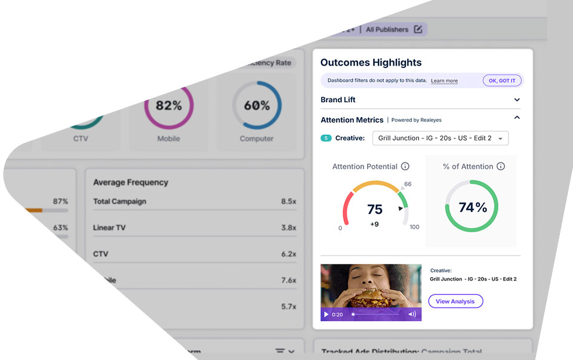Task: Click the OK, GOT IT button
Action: point(502,81)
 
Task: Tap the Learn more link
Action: point(444,81)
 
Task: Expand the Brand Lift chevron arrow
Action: point(517,100)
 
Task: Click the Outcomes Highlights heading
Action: point(371,63)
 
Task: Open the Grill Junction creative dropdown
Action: point(440,138)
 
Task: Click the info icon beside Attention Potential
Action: point(405,167)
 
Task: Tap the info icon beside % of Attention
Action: point(501,167)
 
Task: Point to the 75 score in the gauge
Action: point(375,209)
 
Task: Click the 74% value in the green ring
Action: point(473,207)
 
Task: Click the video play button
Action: point(326,314)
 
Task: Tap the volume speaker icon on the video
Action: point(412,314)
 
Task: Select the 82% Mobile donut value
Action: point(169,106)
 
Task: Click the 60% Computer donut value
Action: point(257,106)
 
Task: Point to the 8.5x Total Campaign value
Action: point(288,202)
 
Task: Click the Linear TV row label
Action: point(109,227)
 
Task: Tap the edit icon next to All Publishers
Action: point(418,29)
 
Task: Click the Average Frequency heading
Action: point(131,182)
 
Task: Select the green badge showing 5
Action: point(326,138)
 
